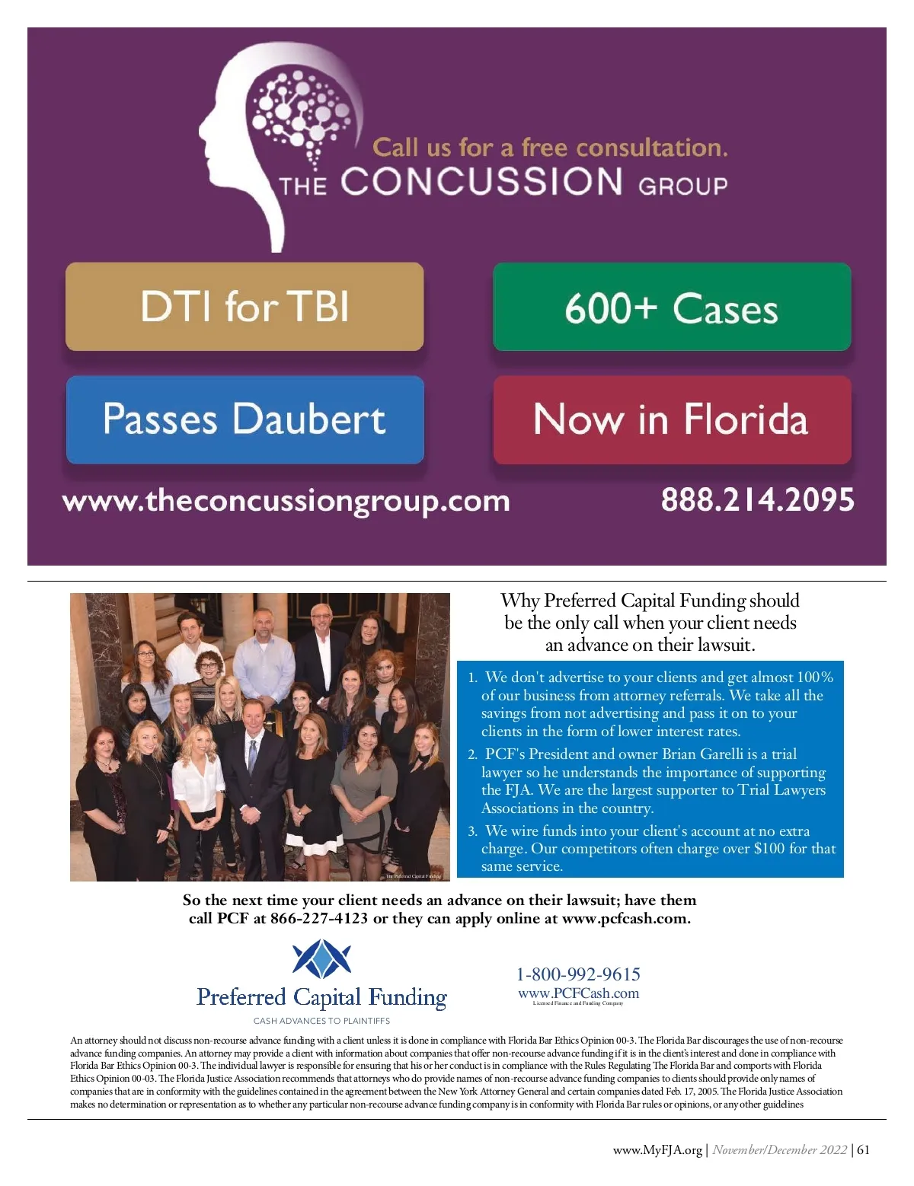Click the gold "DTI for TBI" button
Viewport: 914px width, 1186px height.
coord(244,307)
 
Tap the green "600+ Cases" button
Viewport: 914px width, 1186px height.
coord(672,307)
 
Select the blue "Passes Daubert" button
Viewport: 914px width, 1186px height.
coord(244,419)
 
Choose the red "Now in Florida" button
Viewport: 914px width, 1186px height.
coord(672,419)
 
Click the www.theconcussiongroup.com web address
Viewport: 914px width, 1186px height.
coord(286,501)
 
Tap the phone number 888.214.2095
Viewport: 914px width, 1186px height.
coord(757,500)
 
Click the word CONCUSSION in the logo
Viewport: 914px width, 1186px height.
coord(481,182)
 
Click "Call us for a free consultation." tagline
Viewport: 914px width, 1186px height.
coord(550,147)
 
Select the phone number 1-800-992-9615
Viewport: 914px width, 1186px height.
coord(578,974)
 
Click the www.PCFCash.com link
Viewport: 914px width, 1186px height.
coord(578,993)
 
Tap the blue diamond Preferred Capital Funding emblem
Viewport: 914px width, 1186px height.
coord(321,959)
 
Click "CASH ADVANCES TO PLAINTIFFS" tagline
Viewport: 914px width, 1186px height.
coord(321,1021)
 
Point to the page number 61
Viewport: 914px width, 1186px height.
coord(863,1150)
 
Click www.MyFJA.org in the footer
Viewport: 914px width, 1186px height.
coord(657,1150)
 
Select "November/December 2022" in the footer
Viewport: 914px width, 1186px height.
coord(779,1150)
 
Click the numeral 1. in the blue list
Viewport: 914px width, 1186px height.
coord(472,677)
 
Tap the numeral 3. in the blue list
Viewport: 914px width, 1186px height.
coord(472,831)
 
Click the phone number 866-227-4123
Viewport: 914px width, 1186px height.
coord(318,919)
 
